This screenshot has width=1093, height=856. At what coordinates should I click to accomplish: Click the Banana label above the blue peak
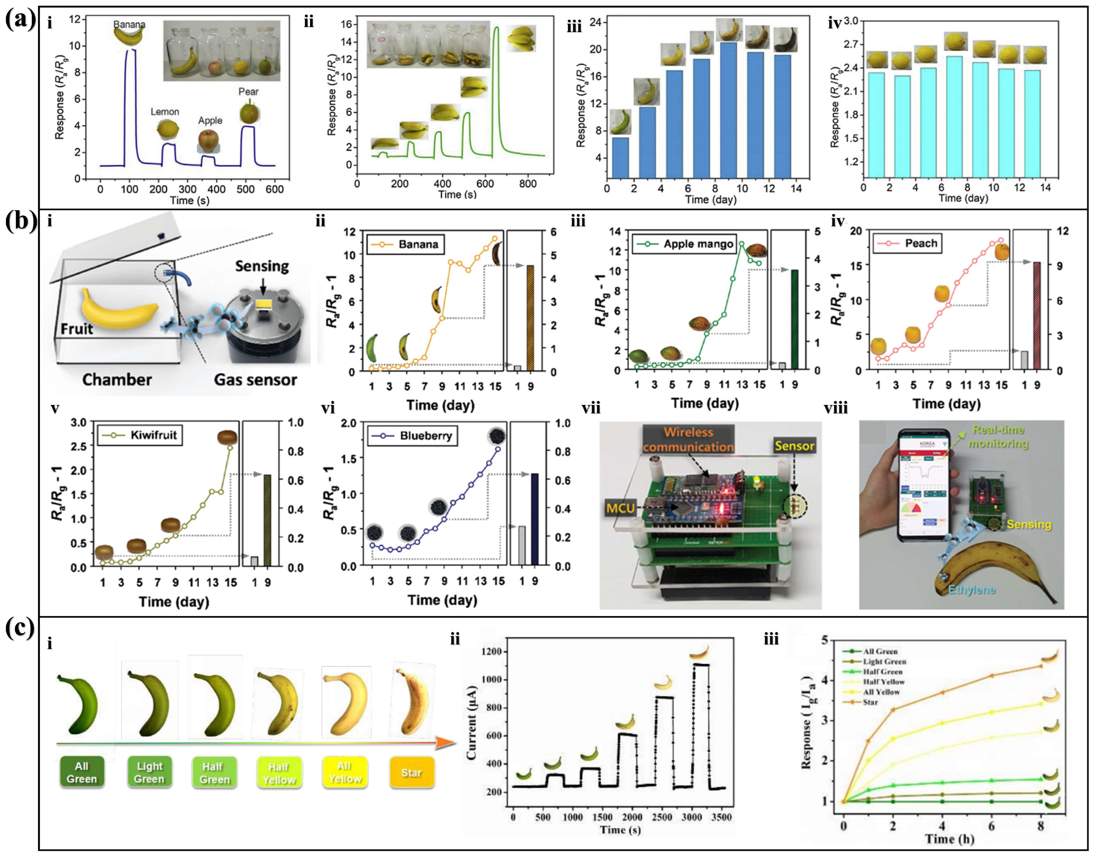pos(129,24)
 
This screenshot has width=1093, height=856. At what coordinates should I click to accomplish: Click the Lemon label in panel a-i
pos(165,112)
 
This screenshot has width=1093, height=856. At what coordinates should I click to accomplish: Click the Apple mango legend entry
pos(698,244)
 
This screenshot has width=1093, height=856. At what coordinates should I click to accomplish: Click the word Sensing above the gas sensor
pos(262,266)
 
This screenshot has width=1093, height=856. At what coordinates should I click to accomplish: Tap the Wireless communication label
pos(688,439)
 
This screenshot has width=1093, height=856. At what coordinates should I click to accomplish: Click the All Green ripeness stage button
pos(82,772)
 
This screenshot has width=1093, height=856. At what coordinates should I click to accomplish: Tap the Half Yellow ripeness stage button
pos(279,773)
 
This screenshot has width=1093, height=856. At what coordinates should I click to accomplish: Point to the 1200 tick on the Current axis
pos(493,651)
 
